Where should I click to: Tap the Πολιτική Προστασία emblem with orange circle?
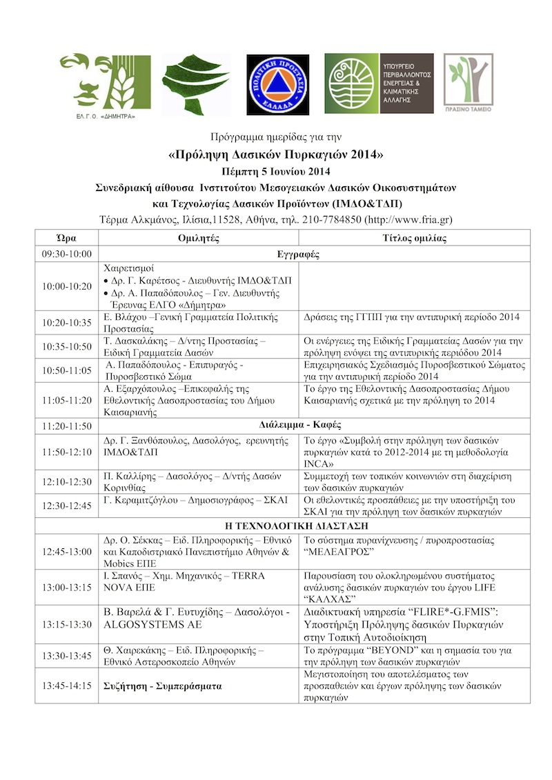pyautogui.click(x=275, y=83)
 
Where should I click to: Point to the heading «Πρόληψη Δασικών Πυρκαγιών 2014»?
pyautogui.click(x=275, y=152)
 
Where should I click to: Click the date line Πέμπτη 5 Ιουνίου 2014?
pyautogui.click(x=275, y=170)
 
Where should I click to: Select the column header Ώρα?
pyautogui.click(x=67, y=238)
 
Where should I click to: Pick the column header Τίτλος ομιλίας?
pyautogui.click(x=415, y=238)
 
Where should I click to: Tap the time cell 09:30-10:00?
pyautogui.click(x=67, y=254)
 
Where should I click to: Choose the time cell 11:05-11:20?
pyautogui.click(x=67, y=399)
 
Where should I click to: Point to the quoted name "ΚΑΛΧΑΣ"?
pyautogui.click(x=331, y=599)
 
